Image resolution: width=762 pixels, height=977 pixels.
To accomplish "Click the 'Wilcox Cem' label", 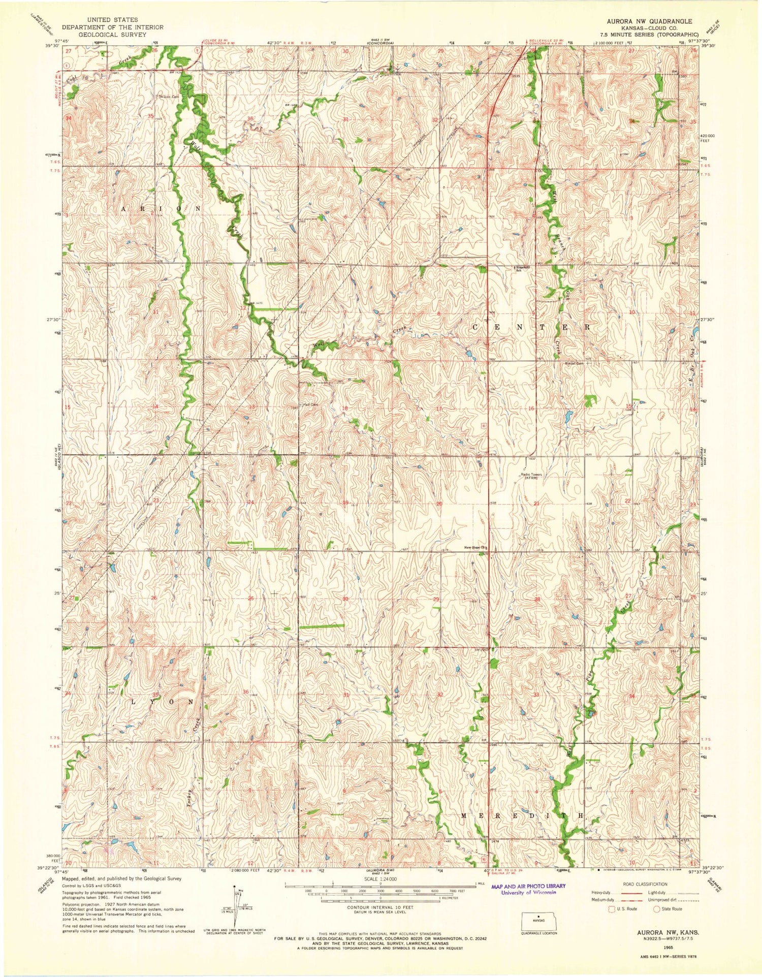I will [169, 96].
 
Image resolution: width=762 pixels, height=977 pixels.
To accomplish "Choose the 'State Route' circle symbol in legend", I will [657, 909].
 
